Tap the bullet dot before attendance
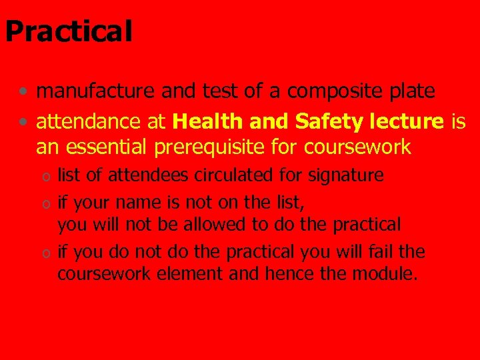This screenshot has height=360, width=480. [x=23, y=122]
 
